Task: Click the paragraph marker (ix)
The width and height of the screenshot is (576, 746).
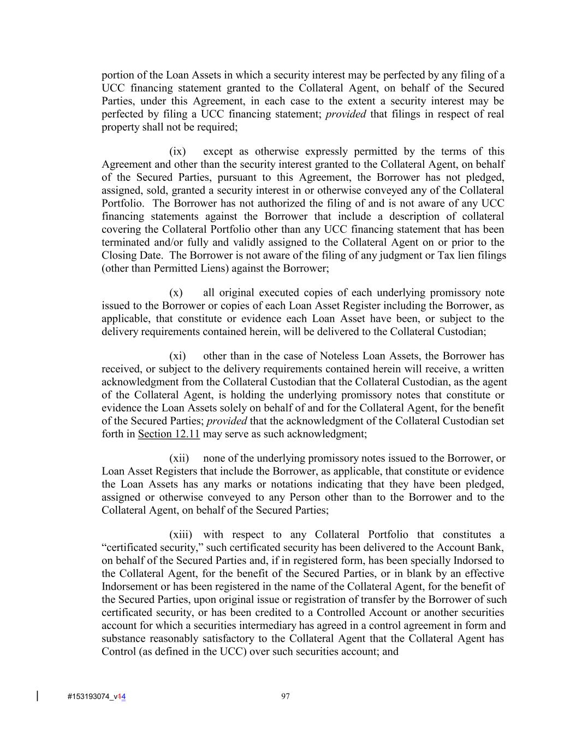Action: (x=177, y=151)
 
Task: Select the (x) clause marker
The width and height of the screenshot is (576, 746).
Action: (x=176, y=293)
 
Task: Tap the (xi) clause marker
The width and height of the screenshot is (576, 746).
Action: (x=177, y=356)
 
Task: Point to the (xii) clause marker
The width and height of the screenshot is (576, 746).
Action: (x=179, y=459)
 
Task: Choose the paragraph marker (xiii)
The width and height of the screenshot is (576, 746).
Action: (x=181, y=535)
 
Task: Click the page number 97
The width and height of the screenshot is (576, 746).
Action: (x=285, y=696)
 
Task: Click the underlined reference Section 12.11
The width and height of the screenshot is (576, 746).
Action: (x=169, y=434)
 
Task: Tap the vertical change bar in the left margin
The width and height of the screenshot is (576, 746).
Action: (x=37, y=696)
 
